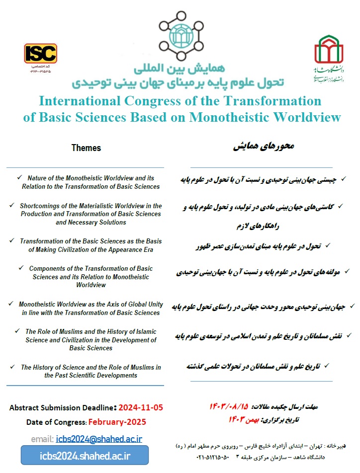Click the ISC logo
tap(41, 54)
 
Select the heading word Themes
tap(86, 148)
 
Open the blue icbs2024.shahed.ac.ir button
tap(85, 455)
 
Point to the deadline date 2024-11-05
tap(141, 408)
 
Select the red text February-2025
tap(117, 422)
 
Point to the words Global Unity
tap(140, 304)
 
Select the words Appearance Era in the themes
tap(130, 249)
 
